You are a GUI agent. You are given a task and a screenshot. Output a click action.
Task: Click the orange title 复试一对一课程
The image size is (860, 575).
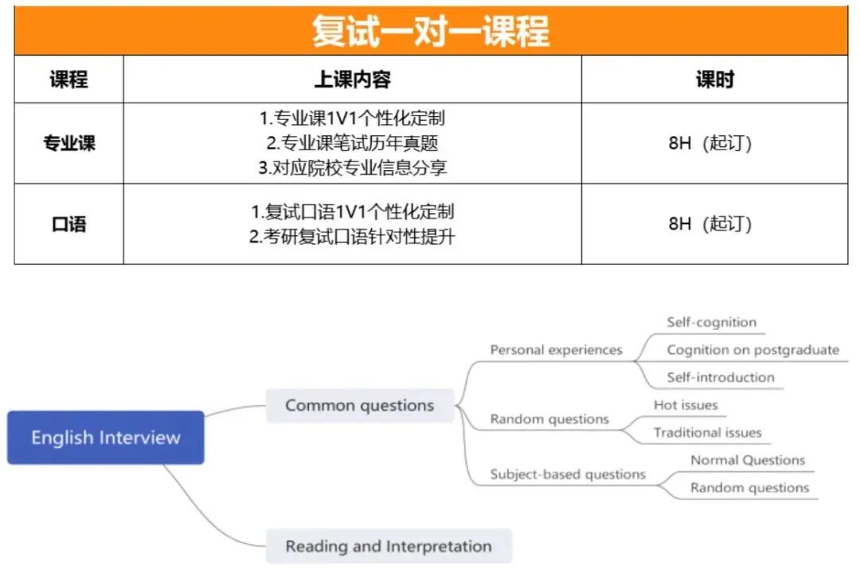430,31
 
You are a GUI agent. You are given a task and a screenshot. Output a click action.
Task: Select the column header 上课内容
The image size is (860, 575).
352,80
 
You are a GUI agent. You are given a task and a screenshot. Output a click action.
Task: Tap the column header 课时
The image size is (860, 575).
714,80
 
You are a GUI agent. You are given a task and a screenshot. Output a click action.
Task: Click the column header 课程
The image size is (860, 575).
68,80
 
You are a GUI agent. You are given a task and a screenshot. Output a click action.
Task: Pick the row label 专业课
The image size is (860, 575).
68,144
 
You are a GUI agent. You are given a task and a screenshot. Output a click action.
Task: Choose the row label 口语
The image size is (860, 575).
68,224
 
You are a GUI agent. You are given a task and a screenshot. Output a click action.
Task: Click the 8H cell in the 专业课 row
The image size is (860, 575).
709,144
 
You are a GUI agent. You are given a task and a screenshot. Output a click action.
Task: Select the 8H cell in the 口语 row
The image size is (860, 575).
709,224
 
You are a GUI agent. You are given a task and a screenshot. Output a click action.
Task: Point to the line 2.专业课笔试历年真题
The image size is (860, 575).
352,143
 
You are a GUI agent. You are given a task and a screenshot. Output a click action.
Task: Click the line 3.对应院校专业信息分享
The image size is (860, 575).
352,168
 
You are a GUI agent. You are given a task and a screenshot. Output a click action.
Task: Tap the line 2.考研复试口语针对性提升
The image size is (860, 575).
352,236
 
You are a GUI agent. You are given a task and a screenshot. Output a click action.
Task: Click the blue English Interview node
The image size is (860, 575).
106,437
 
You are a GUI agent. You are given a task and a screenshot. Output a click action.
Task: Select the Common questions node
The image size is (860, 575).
359,406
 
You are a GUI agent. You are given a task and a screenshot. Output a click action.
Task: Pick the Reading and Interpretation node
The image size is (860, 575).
389,546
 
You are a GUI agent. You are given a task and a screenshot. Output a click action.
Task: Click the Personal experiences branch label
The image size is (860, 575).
556,350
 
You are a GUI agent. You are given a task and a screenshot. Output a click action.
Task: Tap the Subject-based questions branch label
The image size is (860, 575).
568,474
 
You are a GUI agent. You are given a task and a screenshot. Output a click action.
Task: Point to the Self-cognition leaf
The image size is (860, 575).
711,322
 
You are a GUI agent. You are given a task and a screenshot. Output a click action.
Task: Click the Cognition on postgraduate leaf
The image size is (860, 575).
752,350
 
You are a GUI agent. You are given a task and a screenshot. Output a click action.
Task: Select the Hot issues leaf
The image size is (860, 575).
686,405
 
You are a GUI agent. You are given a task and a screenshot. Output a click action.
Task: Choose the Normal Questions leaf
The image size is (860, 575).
748,460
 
